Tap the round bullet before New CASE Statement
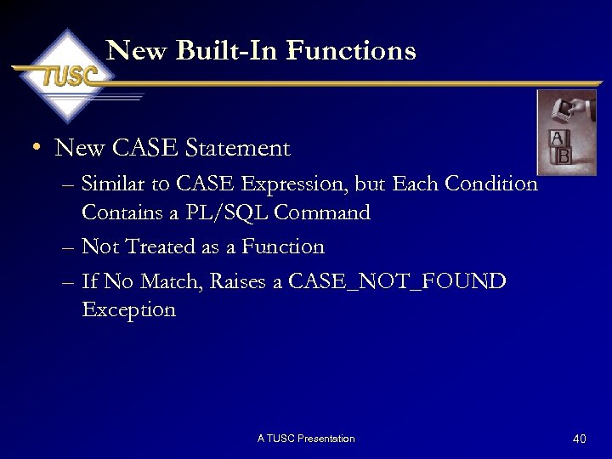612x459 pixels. pos(36,149)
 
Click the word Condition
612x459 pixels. pos(495,184)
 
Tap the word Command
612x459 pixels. pos(327,212)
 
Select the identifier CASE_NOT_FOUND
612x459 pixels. pos(397,281)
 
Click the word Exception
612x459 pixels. pos(128,310)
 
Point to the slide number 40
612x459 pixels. pos(580,439)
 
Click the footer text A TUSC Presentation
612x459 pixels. pos(306,439)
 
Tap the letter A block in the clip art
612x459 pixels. pos(557,139)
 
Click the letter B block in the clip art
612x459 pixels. pos(563,157)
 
